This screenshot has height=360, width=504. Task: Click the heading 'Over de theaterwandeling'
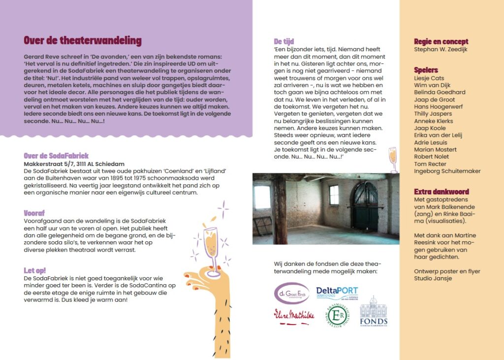[83, 41]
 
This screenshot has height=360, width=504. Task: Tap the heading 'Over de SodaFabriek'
[56, 156]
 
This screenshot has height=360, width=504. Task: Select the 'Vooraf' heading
[34, 213]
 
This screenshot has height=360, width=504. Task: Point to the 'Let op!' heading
[35, 270]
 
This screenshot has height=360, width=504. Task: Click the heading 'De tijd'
[284, 41]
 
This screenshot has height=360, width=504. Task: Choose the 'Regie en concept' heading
[441, 41]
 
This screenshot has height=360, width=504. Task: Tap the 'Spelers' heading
[426, 70]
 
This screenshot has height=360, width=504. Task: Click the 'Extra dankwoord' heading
[441, 192]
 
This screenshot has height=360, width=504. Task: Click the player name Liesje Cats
[429, 78]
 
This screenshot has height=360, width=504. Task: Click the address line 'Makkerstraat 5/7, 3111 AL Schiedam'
[74, 164]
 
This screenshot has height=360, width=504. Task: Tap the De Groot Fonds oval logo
[292, 293]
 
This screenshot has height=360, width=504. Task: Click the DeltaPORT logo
[337, 293]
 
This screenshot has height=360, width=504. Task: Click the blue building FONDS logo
[373, 313]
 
